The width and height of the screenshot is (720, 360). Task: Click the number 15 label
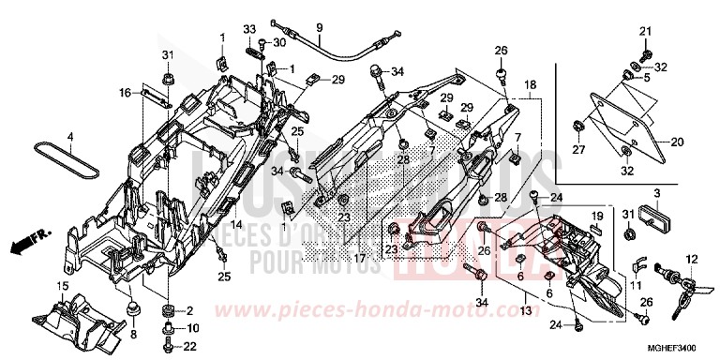pyautogui.click(x=62, y=285)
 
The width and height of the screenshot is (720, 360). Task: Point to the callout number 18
pyautogui.click(x=531, y=84)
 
